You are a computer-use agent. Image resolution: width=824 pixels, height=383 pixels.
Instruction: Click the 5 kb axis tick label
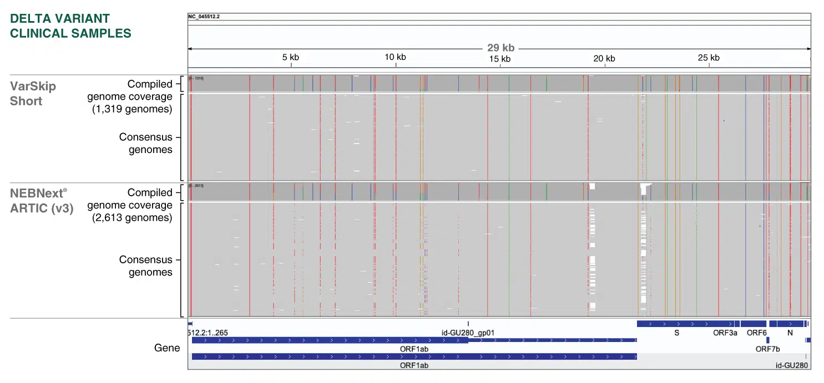pos(290,57)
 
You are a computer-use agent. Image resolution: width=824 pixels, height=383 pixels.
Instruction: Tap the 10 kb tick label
pos(395,57)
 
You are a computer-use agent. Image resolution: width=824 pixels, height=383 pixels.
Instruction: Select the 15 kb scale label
pos(499,59)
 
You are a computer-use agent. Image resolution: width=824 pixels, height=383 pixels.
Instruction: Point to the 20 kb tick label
pos(604,59)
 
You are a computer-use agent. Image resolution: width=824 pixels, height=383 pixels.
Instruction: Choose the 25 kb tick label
pos(708,57)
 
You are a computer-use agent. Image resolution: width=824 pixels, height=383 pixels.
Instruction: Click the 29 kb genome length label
pos(501,48)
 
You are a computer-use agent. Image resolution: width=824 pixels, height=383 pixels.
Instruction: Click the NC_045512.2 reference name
pos(204,16)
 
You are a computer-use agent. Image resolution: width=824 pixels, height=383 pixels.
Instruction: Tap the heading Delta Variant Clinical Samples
pos(70,26)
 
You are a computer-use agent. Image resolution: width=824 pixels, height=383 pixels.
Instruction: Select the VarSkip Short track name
pos(33,94)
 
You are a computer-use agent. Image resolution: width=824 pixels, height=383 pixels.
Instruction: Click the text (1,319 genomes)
pos(132,109)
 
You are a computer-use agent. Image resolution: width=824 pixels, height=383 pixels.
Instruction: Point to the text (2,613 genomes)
pos(132,218)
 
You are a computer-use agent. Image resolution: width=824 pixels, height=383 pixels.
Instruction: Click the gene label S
pos(676,333)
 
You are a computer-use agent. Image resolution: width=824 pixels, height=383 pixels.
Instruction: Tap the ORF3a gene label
pos(725,333)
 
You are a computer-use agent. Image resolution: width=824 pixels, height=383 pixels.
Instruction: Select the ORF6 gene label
pos(756,333)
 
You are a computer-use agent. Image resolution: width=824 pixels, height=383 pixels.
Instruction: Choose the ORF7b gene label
pos(767,349)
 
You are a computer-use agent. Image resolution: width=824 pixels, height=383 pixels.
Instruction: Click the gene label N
pos(790,333)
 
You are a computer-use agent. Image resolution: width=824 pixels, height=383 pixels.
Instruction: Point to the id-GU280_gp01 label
pos(468,333)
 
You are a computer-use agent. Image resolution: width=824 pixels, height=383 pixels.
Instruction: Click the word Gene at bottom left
pos(167,348)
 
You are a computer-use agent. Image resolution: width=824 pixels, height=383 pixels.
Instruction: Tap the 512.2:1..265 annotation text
pos(208,333)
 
